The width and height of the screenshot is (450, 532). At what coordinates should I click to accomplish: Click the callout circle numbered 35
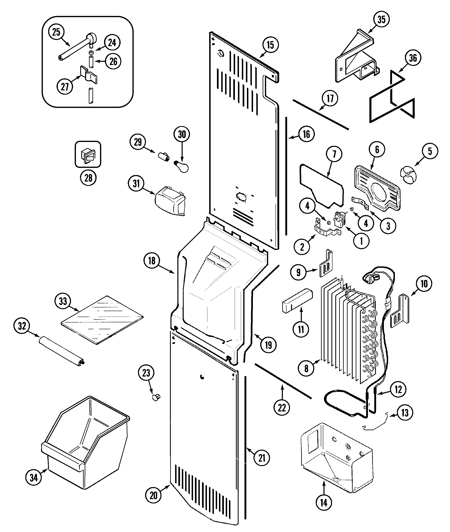point(381,19)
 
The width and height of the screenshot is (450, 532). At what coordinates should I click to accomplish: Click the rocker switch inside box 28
point(88,155)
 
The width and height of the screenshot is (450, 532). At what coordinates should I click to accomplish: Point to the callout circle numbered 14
point(324,503)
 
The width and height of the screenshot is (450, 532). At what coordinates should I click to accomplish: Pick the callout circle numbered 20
point(153,495)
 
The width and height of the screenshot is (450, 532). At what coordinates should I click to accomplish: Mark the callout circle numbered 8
point(306,368)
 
